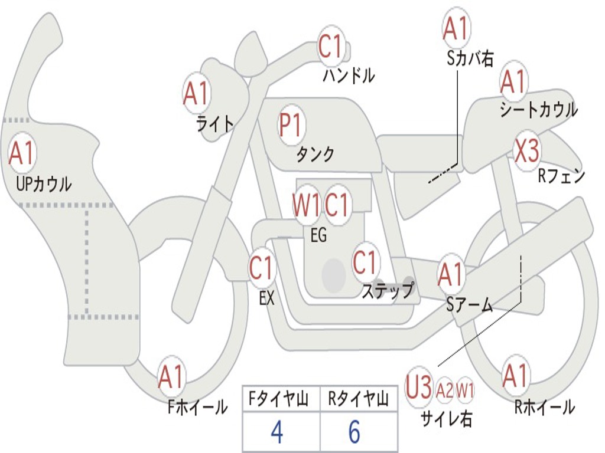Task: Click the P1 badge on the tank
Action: pos(290,125)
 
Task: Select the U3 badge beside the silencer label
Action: pos(418,389)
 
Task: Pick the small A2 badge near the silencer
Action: pos(445,390)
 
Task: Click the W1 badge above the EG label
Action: pos(307,206)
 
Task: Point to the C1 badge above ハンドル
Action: pos(331,47)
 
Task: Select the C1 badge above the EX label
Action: pos(261,268)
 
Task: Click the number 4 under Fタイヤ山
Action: pos(277,432)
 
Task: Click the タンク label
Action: pos(315,155)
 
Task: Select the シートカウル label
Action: pos(538,110)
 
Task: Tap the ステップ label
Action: pos(387,291)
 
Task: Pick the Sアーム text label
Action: pos(470,305)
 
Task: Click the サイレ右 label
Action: pos(446,418)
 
